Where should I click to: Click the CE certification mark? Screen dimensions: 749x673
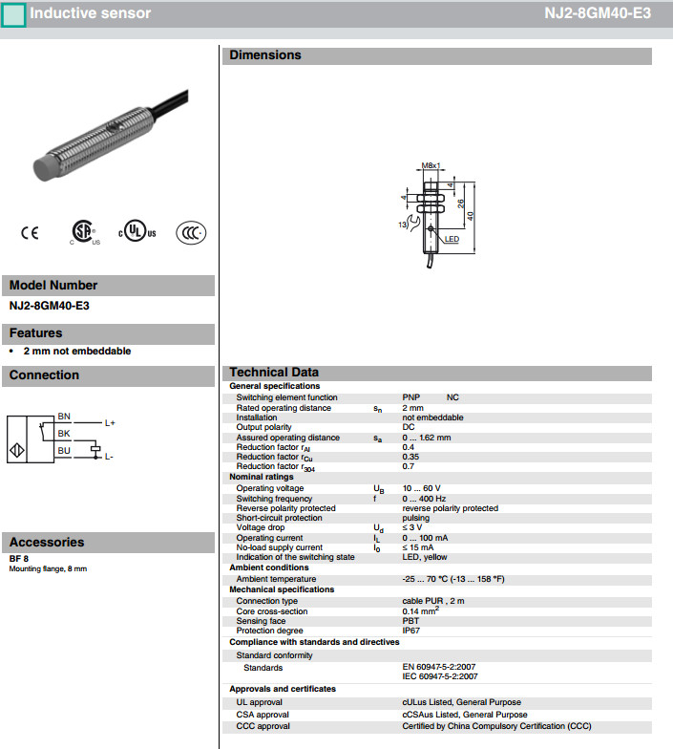click(30, 232)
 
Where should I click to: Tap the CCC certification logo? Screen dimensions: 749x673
click(191, 232)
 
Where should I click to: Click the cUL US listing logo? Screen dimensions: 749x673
click(137, 232)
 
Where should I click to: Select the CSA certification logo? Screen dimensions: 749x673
click(83, 232)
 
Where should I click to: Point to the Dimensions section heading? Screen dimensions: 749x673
click(265, 55)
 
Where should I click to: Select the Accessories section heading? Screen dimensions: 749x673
click(47, 542)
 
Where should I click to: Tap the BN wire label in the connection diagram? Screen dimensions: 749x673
click(64, 417)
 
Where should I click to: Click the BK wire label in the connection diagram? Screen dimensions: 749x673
click(64, 433)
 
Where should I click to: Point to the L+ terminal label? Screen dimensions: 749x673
click(110, 422)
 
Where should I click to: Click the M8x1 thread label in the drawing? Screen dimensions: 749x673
click(431, 165)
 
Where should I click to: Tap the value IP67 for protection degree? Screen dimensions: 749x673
click(411, 631)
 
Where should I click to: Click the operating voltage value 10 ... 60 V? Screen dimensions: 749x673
click(421, 488)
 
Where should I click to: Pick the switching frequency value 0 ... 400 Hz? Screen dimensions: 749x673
click(424, 499)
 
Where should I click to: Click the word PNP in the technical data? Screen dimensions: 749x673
click(411, 397)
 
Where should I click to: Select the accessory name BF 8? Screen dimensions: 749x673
click(19, 558)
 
